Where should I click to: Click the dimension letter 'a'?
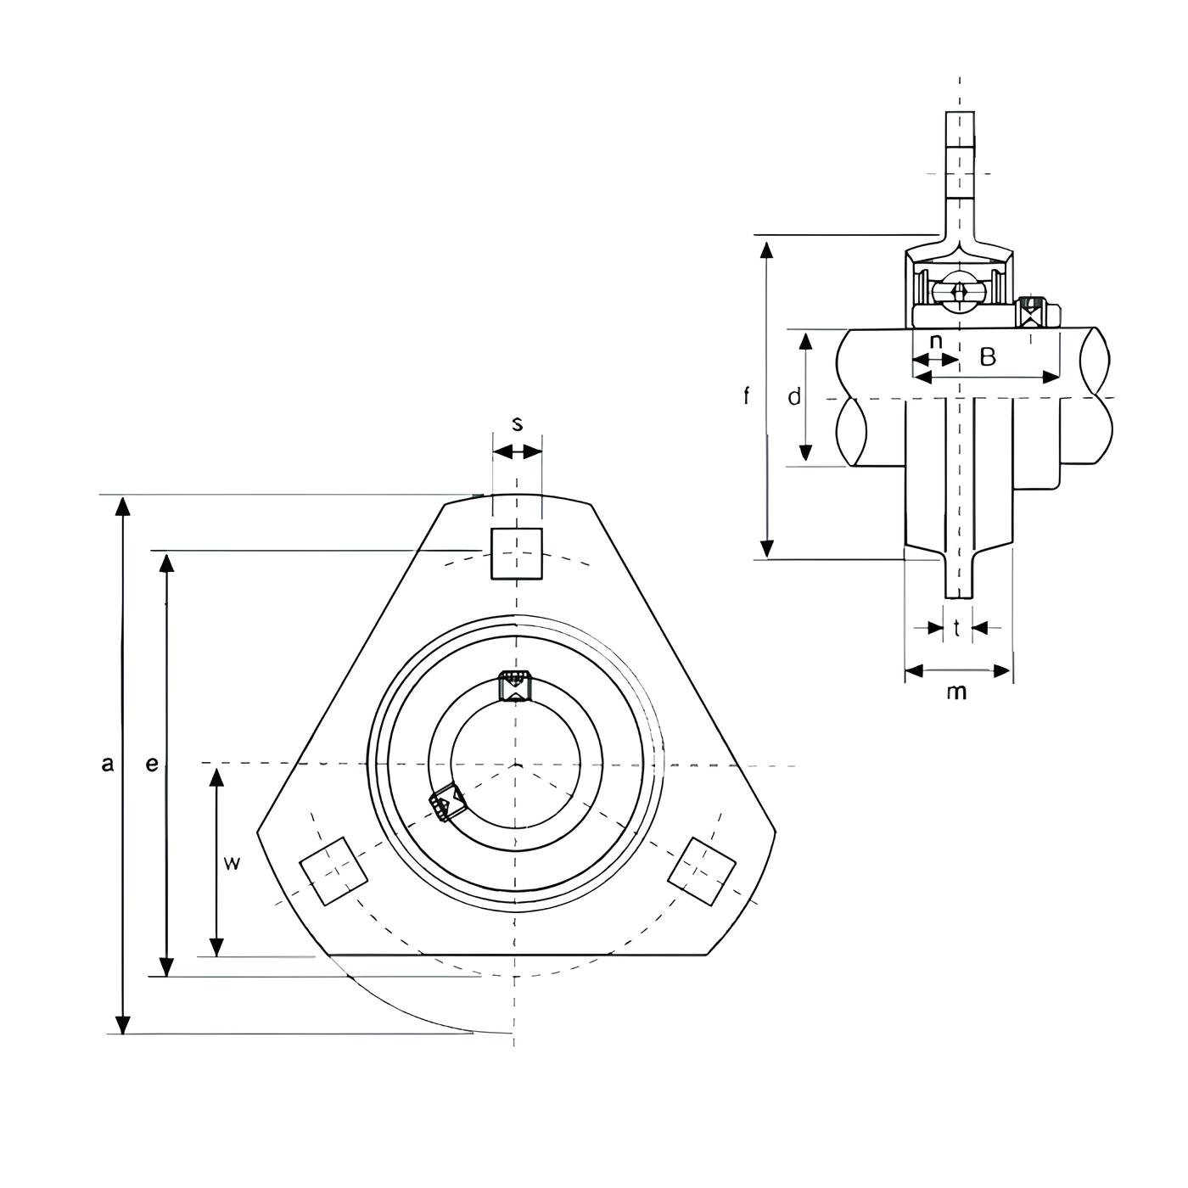108,765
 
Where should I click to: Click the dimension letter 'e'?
152,765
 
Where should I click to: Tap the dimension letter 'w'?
231,863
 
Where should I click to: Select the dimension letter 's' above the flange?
518,424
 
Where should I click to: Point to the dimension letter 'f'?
747,395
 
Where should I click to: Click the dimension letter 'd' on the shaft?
794,396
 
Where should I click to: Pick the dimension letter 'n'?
936,341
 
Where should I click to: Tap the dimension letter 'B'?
988,357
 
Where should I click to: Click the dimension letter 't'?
957,628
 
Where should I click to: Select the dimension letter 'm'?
957,692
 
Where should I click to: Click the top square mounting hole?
517,553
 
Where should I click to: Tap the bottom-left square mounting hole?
333,871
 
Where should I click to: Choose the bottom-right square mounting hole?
702,871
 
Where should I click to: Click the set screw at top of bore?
514,685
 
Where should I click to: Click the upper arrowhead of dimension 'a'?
123,505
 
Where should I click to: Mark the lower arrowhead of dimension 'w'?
216,946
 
